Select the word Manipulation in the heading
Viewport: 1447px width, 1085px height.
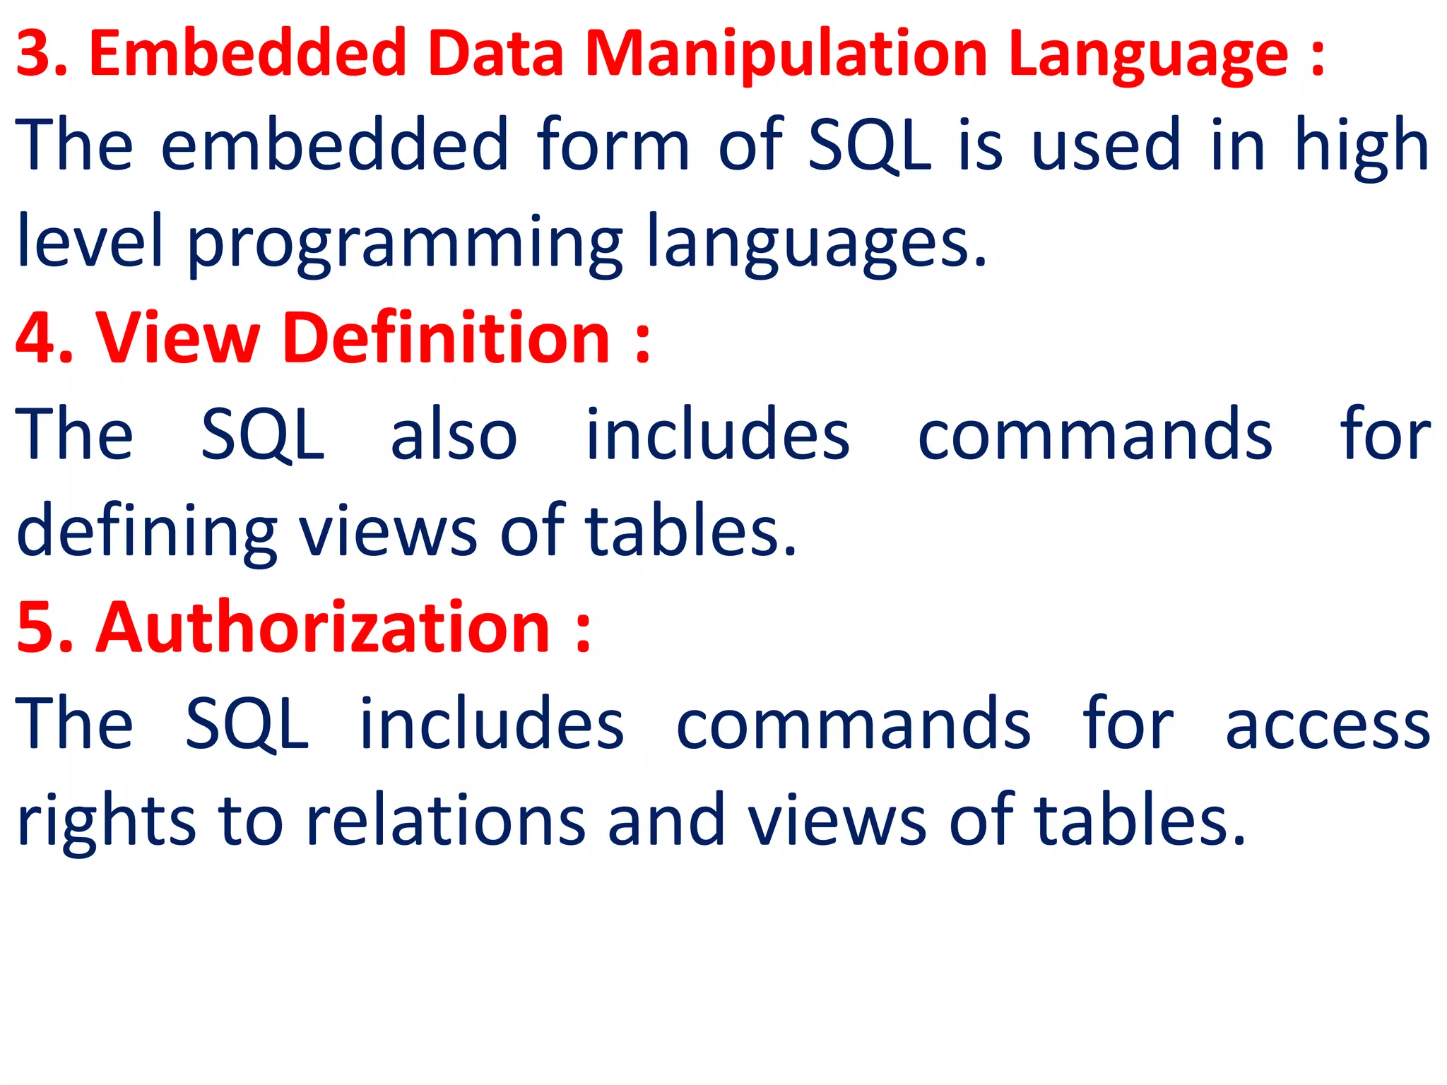click(x=786, y=55)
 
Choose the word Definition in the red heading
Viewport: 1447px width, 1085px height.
click(x=446, y=338)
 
